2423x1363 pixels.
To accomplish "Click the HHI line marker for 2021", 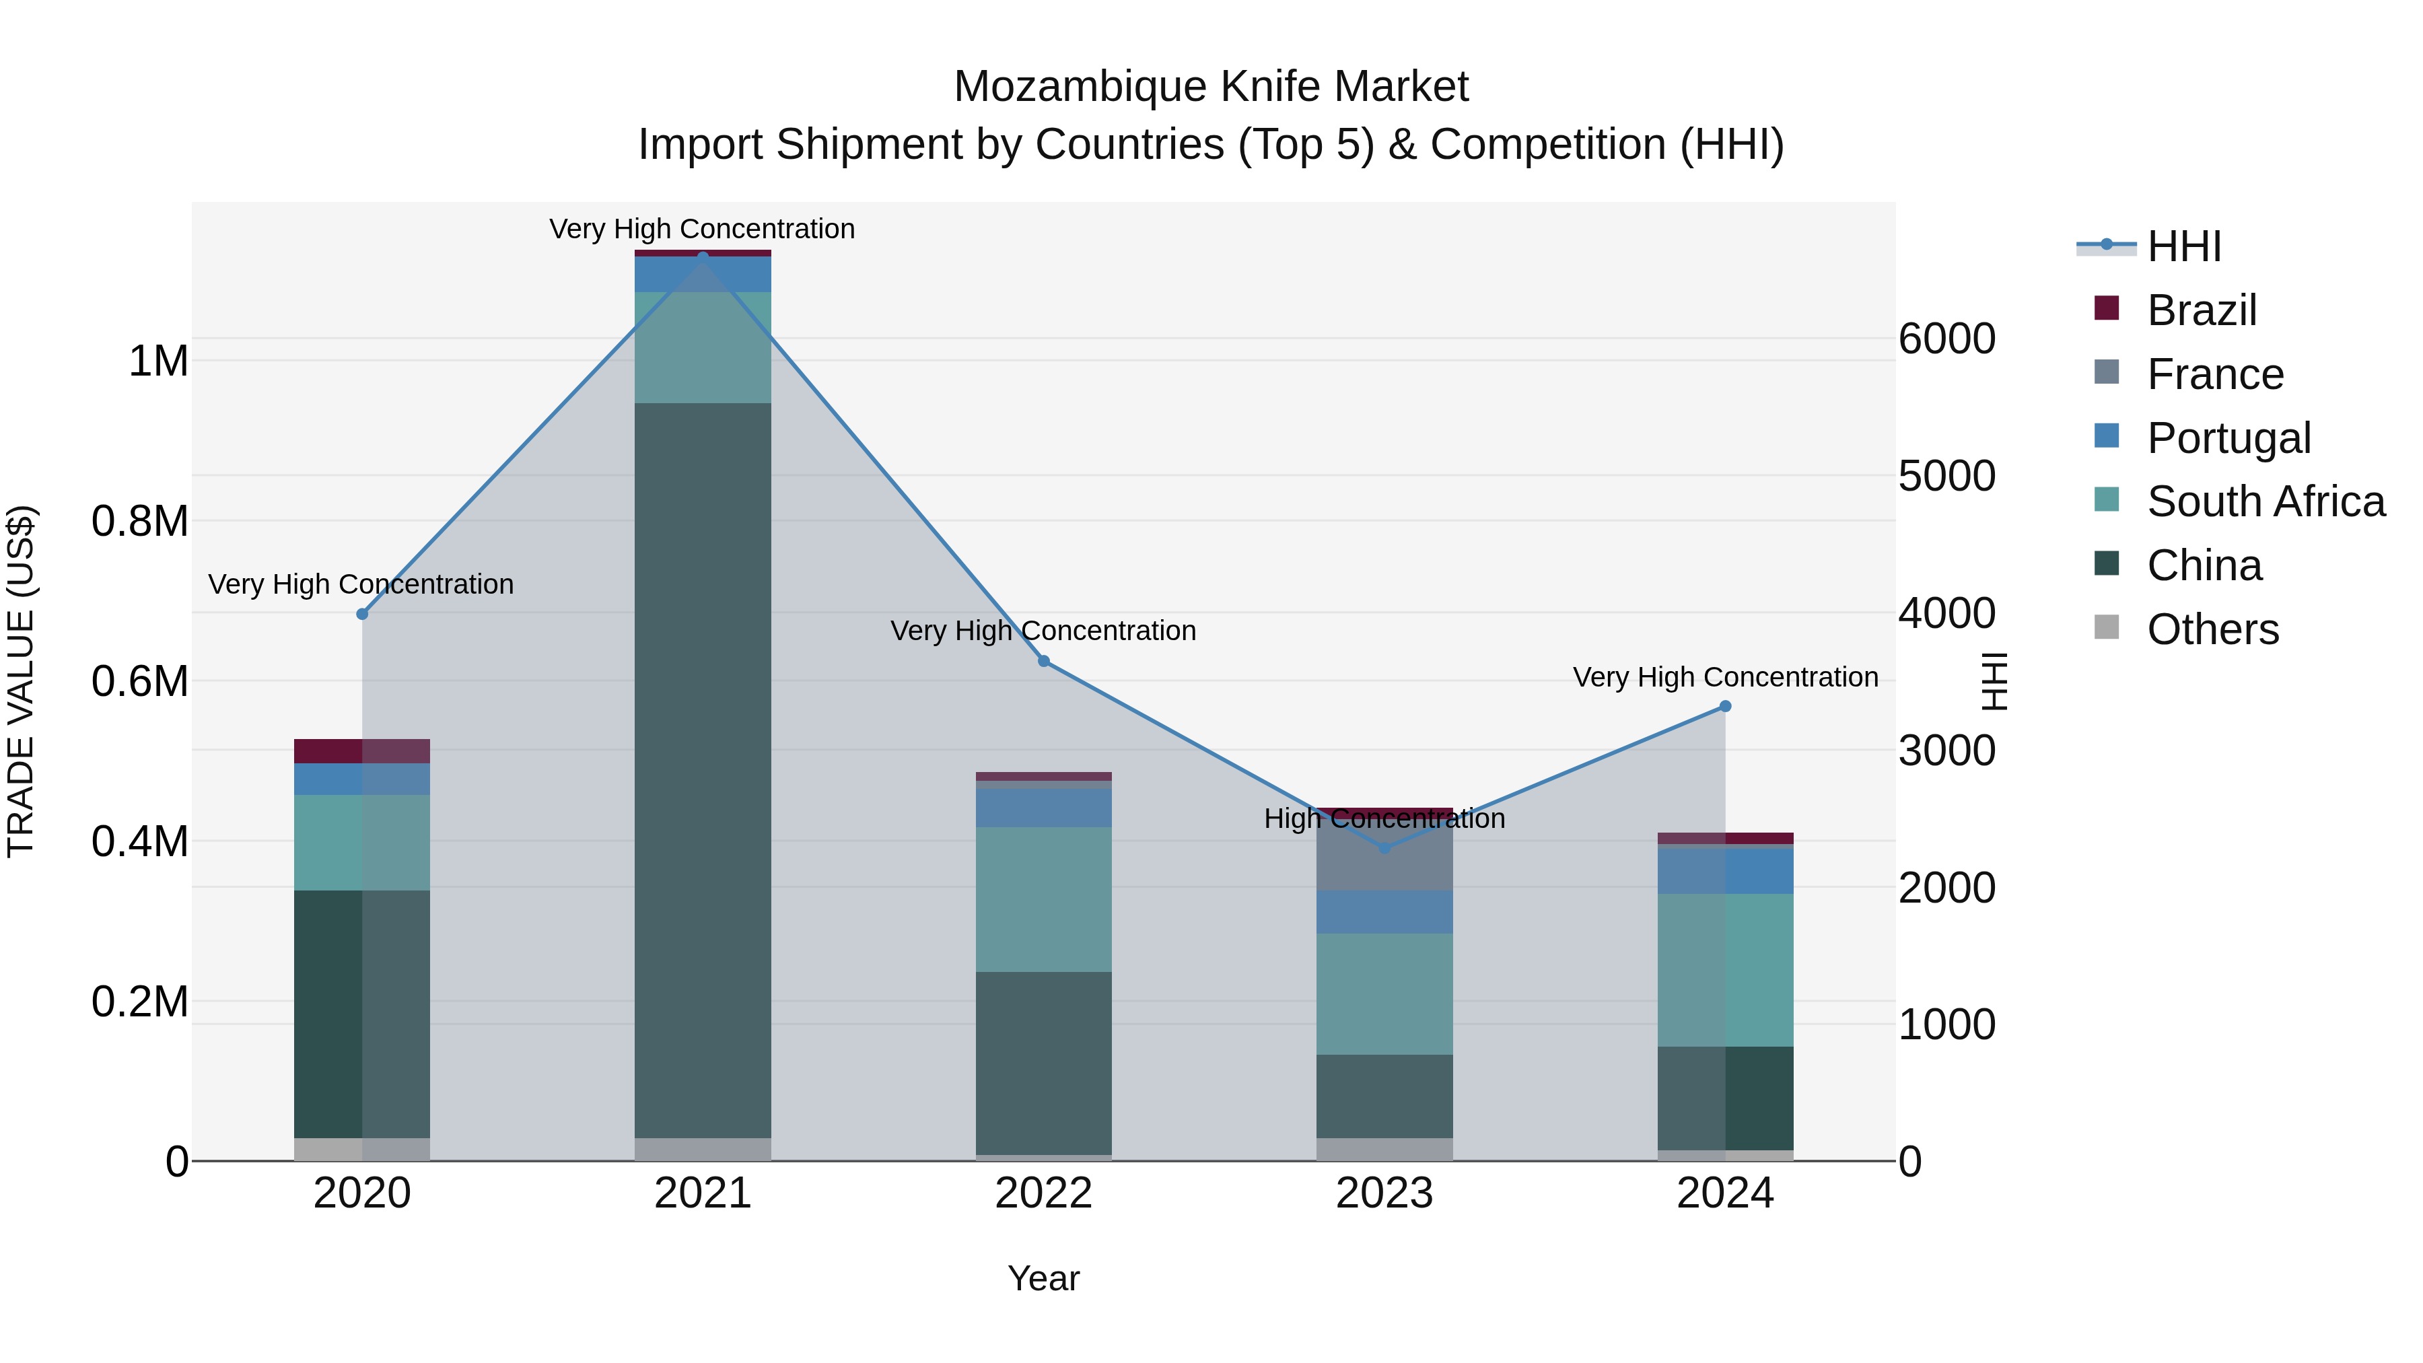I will point(703,257).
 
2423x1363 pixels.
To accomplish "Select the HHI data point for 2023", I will point(1384,847).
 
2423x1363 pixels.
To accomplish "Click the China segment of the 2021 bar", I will point(703,771).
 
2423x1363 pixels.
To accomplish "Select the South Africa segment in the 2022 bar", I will point(1043,899).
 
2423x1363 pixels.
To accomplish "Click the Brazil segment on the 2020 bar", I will point(362,750).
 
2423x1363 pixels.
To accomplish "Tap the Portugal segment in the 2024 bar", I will point(1725,871).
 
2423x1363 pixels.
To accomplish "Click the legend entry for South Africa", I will point(2265,501).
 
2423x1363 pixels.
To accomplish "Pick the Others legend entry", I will point(2212,629).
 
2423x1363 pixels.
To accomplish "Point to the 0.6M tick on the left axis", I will point(139,681).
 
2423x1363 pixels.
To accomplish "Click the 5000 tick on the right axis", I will point(1946,476).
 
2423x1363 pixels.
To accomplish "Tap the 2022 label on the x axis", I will point(1043,1193).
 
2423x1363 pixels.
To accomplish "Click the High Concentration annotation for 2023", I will point(1384,818).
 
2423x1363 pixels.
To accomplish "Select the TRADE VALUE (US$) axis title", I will point(21,681).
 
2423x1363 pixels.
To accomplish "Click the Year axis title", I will point(1043,1278).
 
